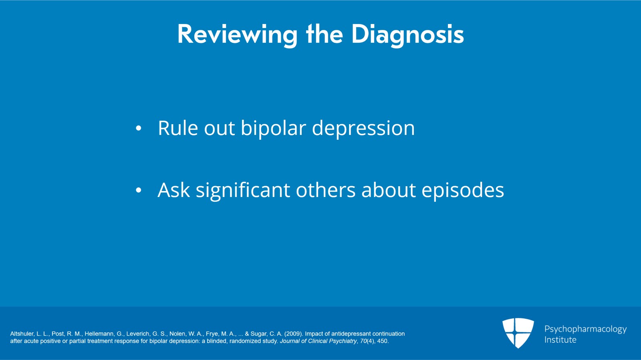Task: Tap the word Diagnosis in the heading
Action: (407, 34)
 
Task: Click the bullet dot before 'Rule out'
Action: (139, 129)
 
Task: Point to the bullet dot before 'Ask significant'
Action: (139, 191)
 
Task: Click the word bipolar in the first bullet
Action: (273, 129)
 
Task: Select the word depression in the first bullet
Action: (363, 129)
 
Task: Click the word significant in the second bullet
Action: (243, 191)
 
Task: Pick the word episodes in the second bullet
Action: (462, 191)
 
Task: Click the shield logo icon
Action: (518, 333)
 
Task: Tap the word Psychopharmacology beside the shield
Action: (585, 329)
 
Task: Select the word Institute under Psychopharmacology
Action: (560, 340)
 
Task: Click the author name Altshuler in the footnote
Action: (22, 334)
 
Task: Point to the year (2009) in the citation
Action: (293, 334)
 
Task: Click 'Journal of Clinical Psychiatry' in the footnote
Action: (318, 341)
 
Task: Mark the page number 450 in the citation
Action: (382, 341)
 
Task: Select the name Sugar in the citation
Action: (259, 334)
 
